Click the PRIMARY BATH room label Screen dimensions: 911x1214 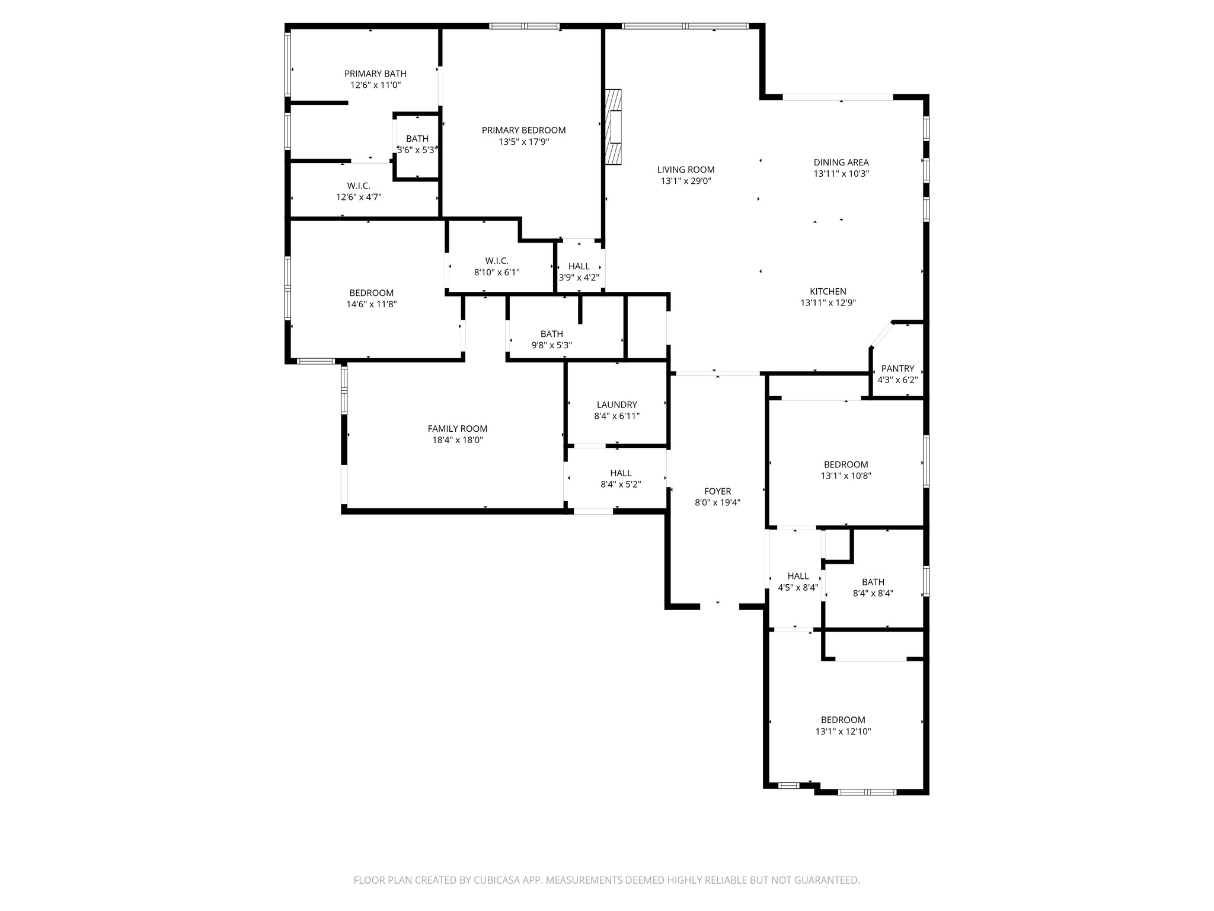pos(375,74)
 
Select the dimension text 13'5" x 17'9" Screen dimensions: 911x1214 pos(523,142)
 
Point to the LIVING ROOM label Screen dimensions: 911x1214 pos(685,170)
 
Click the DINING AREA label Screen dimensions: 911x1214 pos(841,162)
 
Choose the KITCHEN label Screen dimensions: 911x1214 pos(828,291)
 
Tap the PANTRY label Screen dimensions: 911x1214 pos(897,368)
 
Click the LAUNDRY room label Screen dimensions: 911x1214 pos(616,404)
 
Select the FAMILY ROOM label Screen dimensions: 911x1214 pos(457,428)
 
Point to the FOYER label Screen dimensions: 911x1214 pos(717,491)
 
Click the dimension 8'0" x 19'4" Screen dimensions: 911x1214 pos(717,502)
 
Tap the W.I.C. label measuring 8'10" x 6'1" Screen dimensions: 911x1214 pos(496,261)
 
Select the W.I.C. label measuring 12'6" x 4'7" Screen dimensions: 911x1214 pos(359,186)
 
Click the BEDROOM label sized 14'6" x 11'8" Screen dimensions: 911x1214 pos(371,293)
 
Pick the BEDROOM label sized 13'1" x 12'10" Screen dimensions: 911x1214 pos(842,720)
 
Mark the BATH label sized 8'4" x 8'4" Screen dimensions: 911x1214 pos(873,582)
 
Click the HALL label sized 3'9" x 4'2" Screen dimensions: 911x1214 pos(579,266)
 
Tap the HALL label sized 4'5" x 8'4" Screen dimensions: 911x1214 pos(798,576)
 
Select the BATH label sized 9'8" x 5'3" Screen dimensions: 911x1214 pos(551,334)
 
